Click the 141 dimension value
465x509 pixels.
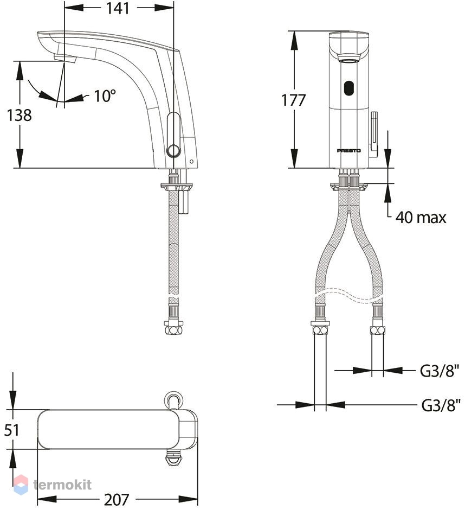tap(118, 9)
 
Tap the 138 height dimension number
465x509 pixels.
tap(20, 115)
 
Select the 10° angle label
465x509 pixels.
tap(105, 96)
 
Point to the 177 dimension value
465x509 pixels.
tap(293, 100)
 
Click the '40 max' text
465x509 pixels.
tap(421, 217)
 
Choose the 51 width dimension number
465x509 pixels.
tap(12, 430)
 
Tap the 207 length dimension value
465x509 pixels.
tap(117, 500)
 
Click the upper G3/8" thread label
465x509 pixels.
tap(440, 371)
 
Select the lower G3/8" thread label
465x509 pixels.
tap(441, 405)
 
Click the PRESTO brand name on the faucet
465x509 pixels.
tap(349, 151)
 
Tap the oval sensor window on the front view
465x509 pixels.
tap(349, 88)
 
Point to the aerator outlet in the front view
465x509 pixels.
tap(349, 59)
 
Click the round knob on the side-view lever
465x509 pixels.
tap(173, 151)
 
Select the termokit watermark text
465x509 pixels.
tap(62, 485)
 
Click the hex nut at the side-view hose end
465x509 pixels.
tap(174, 330)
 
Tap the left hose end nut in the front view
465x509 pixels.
tap(320, 330)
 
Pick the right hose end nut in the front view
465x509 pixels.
tap(378, 330)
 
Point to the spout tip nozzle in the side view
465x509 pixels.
tap(64, 59)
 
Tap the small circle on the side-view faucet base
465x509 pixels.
tap(191, 161)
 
